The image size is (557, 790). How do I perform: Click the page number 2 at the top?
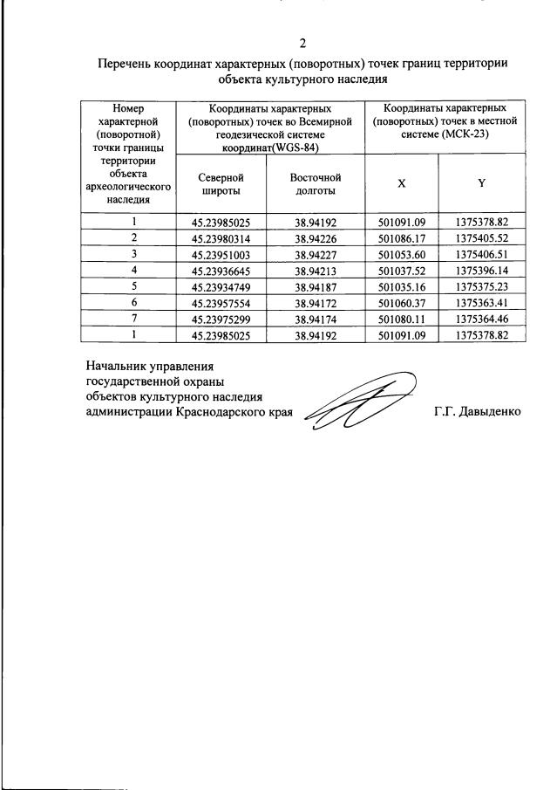pos(302,44)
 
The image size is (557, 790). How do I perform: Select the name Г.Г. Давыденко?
pos(477,410)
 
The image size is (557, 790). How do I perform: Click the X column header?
pos(401,183)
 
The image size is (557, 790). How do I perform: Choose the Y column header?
pos(481,183)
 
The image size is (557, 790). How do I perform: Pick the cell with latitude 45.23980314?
pos(220,237)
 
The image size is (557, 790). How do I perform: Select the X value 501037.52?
pos(401,270)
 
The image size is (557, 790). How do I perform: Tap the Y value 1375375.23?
pos(481,285)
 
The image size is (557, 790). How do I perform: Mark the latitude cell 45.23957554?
pos(220,302)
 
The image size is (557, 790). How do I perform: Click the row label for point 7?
pos(134,318)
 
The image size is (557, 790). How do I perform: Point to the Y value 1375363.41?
pos(481,302)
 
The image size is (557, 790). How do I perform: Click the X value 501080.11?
pos(401,318)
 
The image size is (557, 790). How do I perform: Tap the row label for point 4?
pos(134,270)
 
